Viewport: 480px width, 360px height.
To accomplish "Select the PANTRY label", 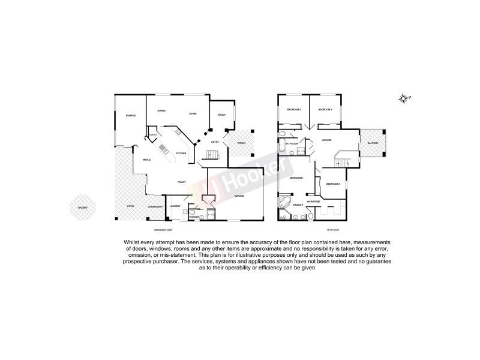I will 154,136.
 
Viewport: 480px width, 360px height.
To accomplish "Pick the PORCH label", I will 241,143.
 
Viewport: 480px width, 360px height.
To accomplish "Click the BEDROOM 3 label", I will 325,110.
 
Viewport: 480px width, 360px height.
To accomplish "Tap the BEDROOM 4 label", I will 334,183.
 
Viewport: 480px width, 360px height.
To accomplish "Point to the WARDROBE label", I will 314,201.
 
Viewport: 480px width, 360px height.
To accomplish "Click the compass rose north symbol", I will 405,98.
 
